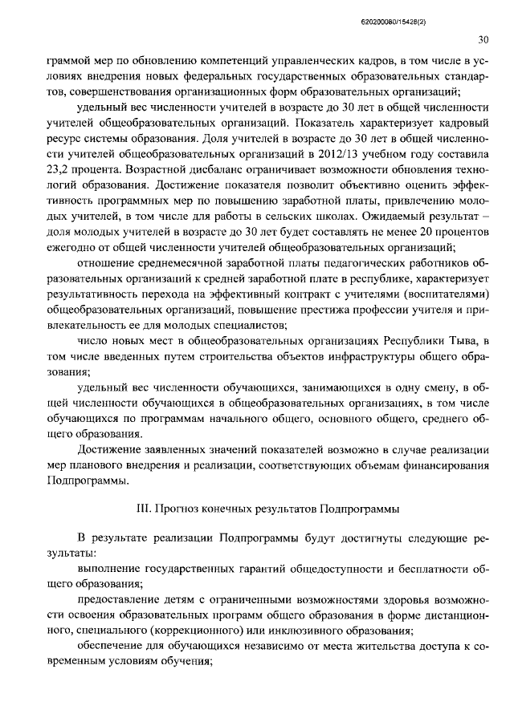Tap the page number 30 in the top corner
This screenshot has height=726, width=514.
pos(483,39)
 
